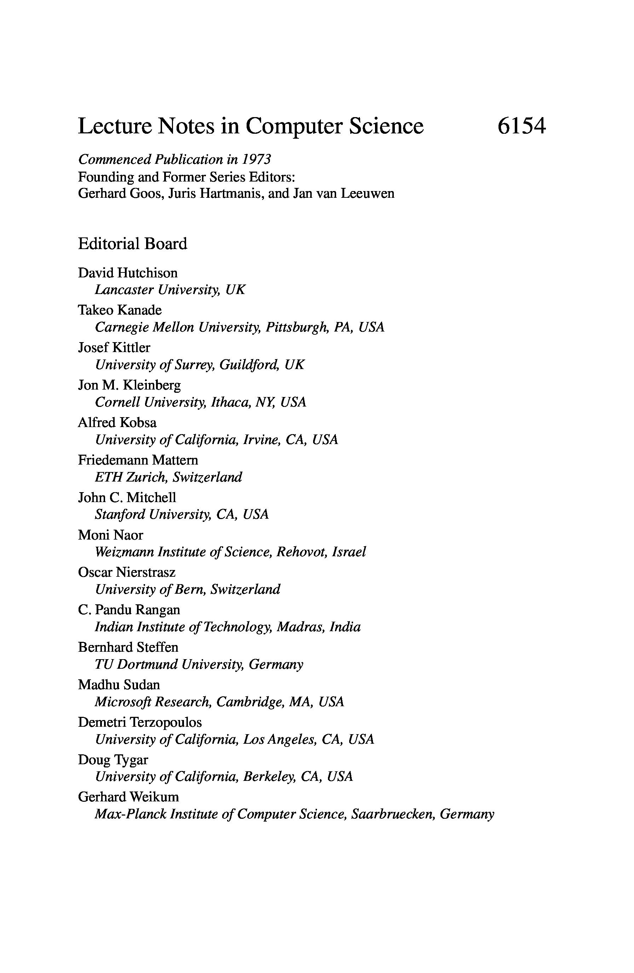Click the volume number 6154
[x=521, y=126]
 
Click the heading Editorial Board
[x=132, y=244]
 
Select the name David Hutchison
[x=127, y=273]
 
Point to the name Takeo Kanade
[x=120, y=310]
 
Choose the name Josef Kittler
[x=114, y=347]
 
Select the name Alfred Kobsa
[x=117, y=422]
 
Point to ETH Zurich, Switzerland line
[x=168, y=477]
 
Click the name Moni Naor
[x=110, y=535]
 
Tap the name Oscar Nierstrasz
[x=127, y=572]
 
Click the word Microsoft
[x=123, y=702]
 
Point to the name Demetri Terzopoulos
[x=140, y=722]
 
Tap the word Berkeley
[x=269, y=777]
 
